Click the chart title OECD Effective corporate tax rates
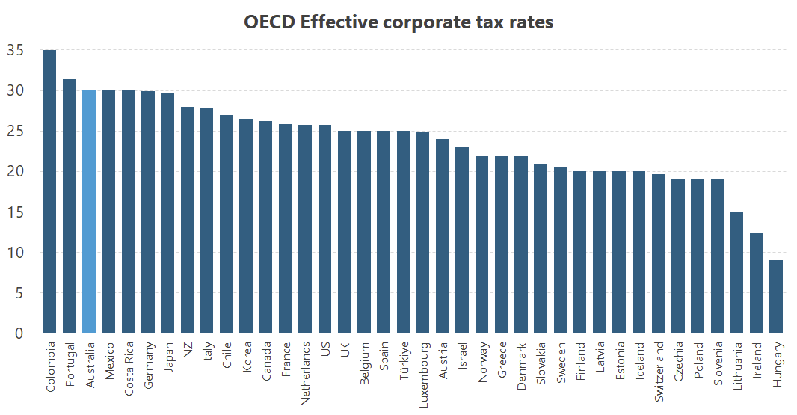click(x=398, y=22)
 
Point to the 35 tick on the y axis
click(x=15, y=51)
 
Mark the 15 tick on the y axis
click(x=15, y=212)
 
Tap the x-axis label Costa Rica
click(x=129, y=367)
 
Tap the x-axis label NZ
click(x=188, y=350)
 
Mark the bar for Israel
click(x=463, y=240)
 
